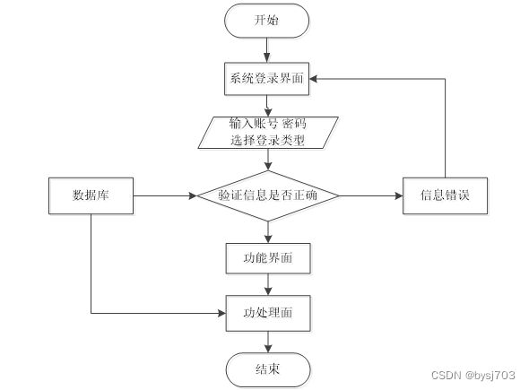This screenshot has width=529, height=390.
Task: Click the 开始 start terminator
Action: (266, 21)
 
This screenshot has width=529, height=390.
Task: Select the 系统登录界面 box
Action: (266, 79)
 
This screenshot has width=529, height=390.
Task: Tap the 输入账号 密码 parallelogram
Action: (268, 133)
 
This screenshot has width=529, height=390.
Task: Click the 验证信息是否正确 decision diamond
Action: (268, 195)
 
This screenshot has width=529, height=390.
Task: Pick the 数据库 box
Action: (91, 195)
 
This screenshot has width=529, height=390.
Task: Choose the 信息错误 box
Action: (445, 195)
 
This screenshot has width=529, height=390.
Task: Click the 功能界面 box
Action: (268, 258)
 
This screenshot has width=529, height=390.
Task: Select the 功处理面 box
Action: (268, 313)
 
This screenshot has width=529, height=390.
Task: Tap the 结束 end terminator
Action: (268, 369)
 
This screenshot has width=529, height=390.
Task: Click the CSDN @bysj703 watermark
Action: (473, 375)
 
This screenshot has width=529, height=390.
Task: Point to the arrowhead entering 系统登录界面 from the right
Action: (313, 79)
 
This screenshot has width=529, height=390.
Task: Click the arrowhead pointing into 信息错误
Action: (399, 195)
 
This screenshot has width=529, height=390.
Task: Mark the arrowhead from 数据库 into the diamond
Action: (193, 195)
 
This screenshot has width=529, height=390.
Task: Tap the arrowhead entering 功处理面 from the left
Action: (222, 314)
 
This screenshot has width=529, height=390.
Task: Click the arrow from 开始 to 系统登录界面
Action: (267, 50)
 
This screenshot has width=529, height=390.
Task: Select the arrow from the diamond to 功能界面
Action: (268, 232)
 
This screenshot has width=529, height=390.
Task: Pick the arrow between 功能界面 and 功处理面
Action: (268, 284)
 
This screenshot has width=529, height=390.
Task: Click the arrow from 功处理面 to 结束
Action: (268, 342)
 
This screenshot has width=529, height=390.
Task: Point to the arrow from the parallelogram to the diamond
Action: (268, 160)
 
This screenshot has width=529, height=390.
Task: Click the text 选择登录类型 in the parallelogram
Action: (268, 140)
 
